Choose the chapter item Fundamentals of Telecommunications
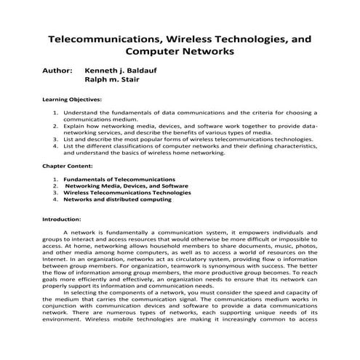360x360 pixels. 119,178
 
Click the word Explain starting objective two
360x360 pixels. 75,126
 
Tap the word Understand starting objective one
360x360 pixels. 81,113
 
